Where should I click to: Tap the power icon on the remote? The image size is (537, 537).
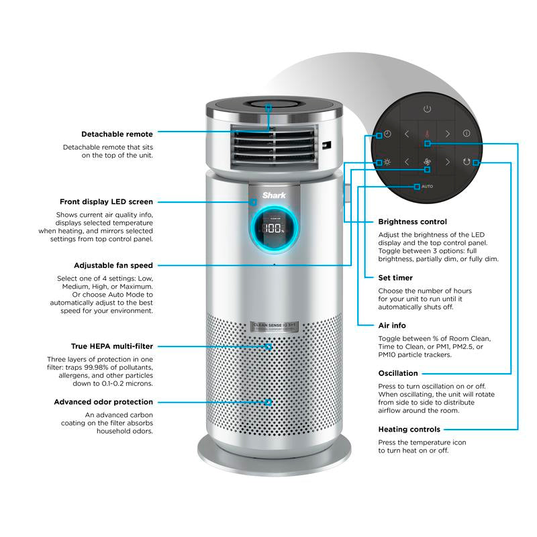(426, 108)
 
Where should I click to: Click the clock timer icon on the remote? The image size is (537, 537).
(387, 134)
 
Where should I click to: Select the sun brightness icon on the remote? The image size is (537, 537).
(387, 162)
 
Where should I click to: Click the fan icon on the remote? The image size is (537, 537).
(426, 162)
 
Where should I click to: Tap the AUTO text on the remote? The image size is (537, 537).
(427, 185)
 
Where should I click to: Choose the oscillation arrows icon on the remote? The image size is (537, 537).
(467, 162)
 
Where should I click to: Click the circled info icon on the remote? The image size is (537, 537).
(467, 134)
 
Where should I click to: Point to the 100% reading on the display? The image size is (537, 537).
(273, 228)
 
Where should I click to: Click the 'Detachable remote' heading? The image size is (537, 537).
(117, 134)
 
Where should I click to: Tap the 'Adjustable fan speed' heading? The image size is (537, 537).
(113, 265)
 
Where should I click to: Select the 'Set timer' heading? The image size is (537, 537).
(395, 277)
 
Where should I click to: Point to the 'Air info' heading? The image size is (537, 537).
(392, 325)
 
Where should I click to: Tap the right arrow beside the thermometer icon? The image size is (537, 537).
(446, 134)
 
